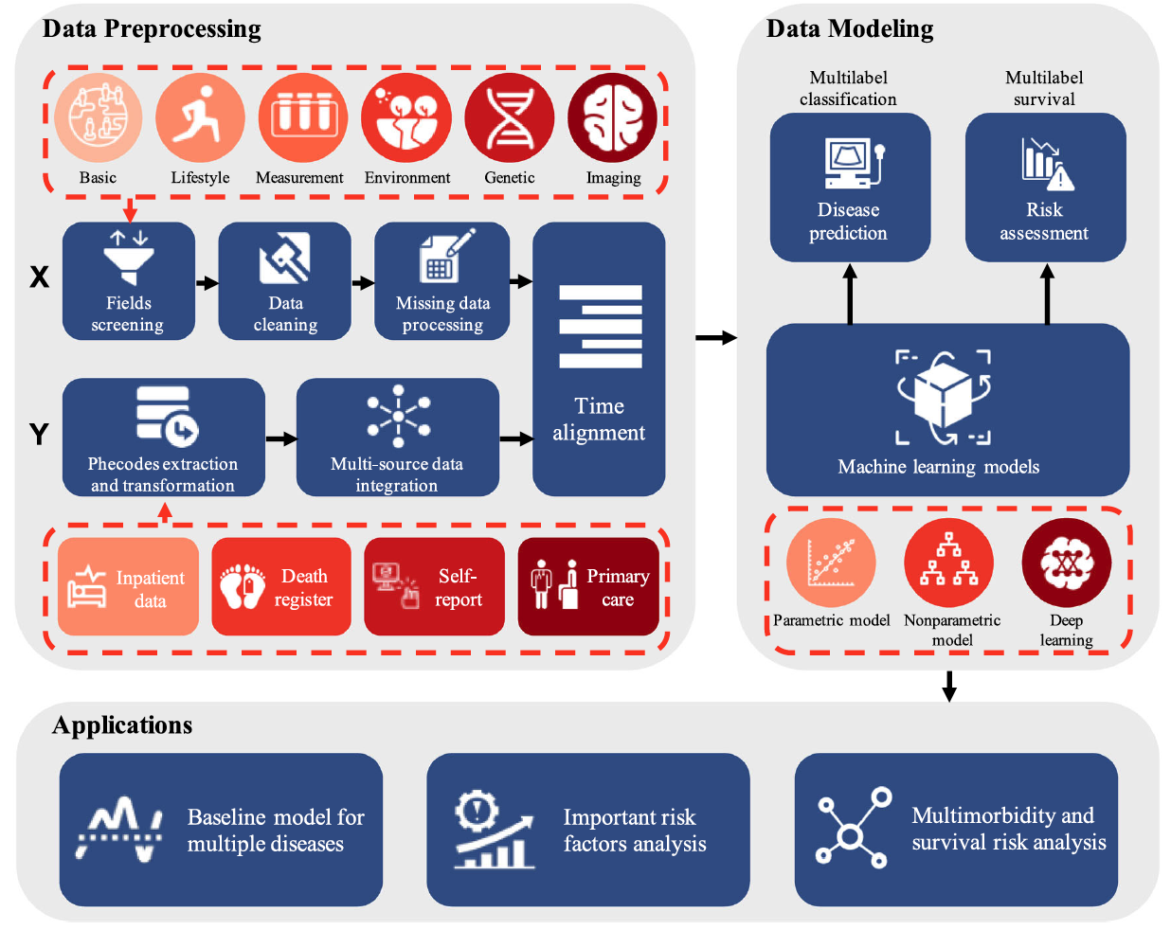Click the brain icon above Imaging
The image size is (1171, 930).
612,118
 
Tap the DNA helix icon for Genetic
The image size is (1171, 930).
510,118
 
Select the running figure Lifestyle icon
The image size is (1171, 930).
200,118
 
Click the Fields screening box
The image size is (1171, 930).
129,281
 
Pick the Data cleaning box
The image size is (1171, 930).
284,281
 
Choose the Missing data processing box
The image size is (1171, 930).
441,281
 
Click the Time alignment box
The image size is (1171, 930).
599,360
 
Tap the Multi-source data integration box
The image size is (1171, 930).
397,438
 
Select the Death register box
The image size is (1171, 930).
280,586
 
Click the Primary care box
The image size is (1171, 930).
588,586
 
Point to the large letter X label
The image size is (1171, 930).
39,277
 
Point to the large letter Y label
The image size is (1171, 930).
39,434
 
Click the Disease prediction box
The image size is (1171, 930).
850,188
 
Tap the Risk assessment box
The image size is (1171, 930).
1045,188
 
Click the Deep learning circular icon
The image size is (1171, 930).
1066,563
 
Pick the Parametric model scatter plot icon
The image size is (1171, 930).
831,563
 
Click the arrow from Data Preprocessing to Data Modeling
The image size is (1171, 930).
715,337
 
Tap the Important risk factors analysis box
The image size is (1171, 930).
587,830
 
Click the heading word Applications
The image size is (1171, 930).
122,725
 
